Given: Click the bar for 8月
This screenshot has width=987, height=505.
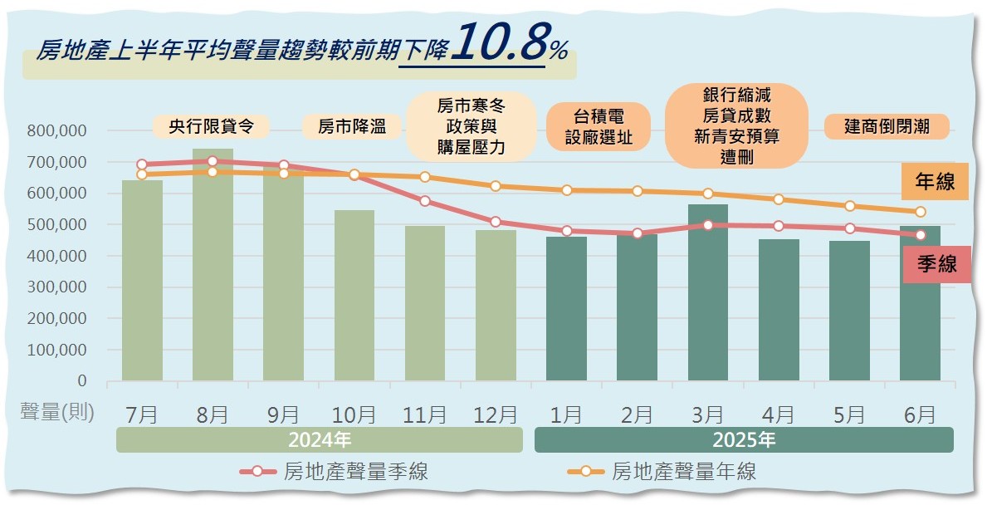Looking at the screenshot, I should click(x=213, y=274).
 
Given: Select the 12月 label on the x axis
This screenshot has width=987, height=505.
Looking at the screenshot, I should click(x=496, y=414).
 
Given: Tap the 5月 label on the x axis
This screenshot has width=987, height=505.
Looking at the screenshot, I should click(x=849, y=414).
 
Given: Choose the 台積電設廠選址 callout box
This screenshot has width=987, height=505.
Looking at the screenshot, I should click(x=599, y=126).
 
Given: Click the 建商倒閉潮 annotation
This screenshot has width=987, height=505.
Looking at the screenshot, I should click(x=886, y=126).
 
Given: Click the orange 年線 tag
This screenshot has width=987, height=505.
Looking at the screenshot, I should click(x=935, y=182).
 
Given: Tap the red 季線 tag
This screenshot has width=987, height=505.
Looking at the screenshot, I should click(x=936, y=265).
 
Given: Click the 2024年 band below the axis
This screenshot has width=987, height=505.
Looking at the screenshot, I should click(x=320, y=439).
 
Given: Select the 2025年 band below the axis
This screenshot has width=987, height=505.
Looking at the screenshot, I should click(x=744, y=439).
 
